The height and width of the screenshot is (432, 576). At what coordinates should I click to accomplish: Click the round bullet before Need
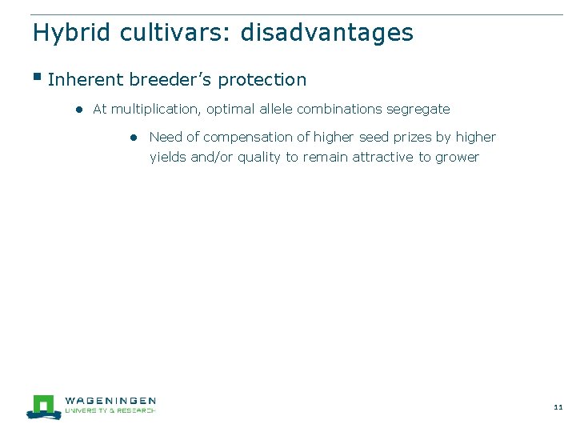[x=136, y=138]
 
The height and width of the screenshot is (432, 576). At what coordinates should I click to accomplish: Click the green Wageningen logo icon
[x=43, y=406]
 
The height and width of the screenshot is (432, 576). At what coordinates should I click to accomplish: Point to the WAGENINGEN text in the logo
[x=110, y=401]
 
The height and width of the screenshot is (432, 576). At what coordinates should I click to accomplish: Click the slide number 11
[x=558, y=407]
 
